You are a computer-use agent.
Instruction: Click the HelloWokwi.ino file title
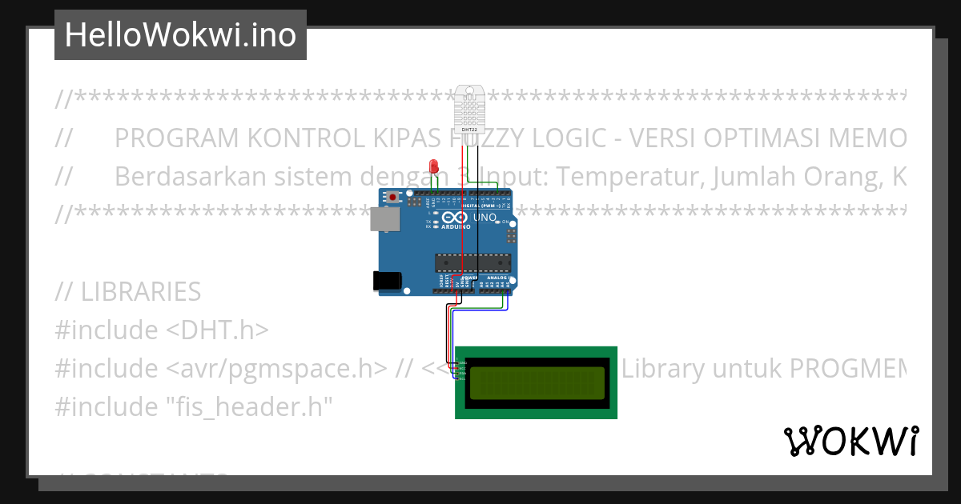180,35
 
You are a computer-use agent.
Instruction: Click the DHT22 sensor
469,108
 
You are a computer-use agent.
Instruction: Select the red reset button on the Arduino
393,197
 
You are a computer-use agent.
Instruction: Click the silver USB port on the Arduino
384,219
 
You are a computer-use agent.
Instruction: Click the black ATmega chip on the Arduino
472,262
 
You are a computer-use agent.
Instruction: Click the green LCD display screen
537,382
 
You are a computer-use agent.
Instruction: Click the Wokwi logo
850,441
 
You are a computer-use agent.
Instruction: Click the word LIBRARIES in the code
141,292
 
